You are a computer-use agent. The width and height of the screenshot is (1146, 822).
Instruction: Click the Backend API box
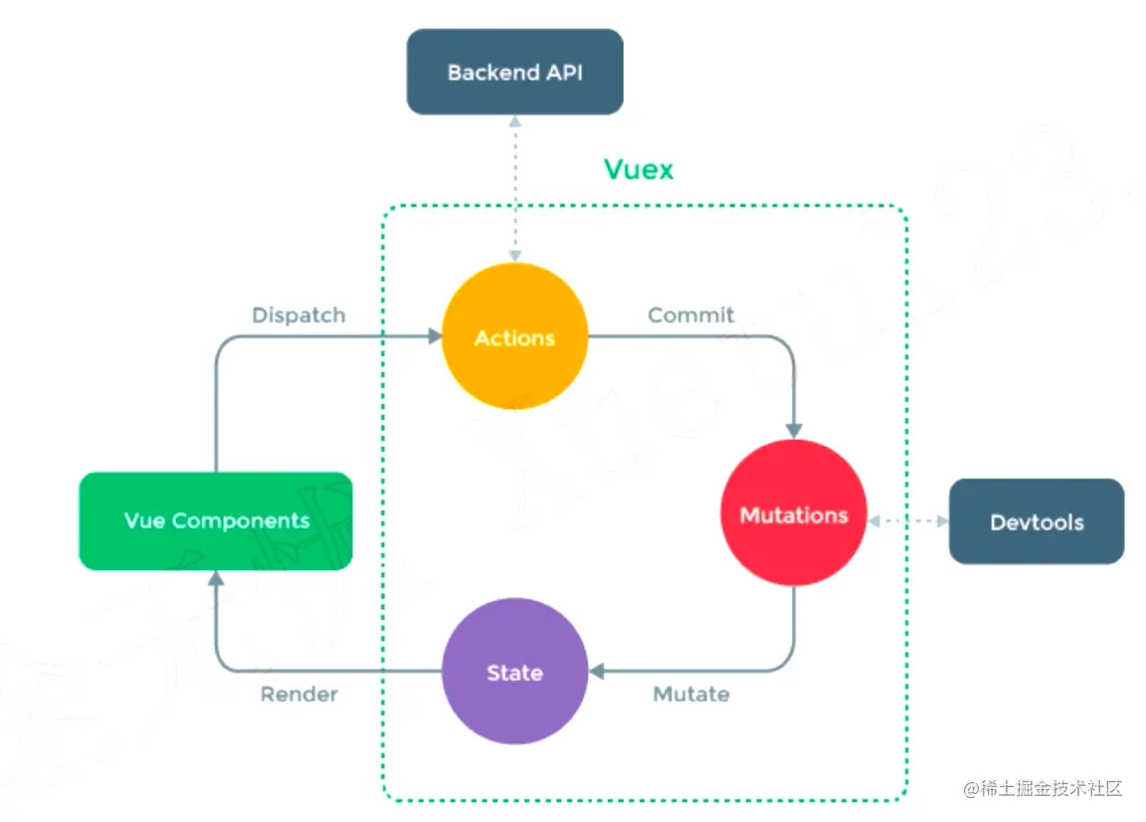coord(514,72)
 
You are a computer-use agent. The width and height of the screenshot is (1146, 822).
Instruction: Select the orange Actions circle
coord(514,337)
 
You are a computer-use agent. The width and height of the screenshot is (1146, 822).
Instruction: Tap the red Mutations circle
coord(793,514)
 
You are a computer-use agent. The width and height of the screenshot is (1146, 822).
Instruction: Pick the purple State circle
coord(514,672)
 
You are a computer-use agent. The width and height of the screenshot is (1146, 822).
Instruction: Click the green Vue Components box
coord(216,520)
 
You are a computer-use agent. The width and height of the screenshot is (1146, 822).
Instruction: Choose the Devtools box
coord(1036,521)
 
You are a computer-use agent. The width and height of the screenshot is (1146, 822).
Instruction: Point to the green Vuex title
coord(639,169)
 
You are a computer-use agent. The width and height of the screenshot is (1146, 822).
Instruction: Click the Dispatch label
coord(298,315)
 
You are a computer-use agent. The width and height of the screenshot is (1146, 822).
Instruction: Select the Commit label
coord(690,315)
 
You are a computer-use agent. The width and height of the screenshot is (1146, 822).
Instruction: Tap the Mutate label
coord(690,695)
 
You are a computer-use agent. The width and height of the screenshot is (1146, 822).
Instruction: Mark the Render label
coord(298,695)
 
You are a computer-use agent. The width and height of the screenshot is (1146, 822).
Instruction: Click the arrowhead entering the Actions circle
coord(435,337)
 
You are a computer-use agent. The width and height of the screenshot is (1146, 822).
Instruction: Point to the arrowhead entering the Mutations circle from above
coord(793,430)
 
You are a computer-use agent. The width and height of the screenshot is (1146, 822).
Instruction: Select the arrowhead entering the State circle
coord(597,672)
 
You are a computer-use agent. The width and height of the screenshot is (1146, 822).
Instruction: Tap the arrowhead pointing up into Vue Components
coord(216,579)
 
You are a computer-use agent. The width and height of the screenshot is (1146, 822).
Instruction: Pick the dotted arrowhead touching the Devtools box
coord(941,520)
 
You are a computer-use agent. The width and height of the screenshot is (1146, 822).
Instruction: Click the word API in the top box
coord(562,73)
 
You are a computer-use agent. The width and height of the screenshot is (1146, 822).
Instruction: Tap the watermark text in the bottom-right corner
coord(1042,789)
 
